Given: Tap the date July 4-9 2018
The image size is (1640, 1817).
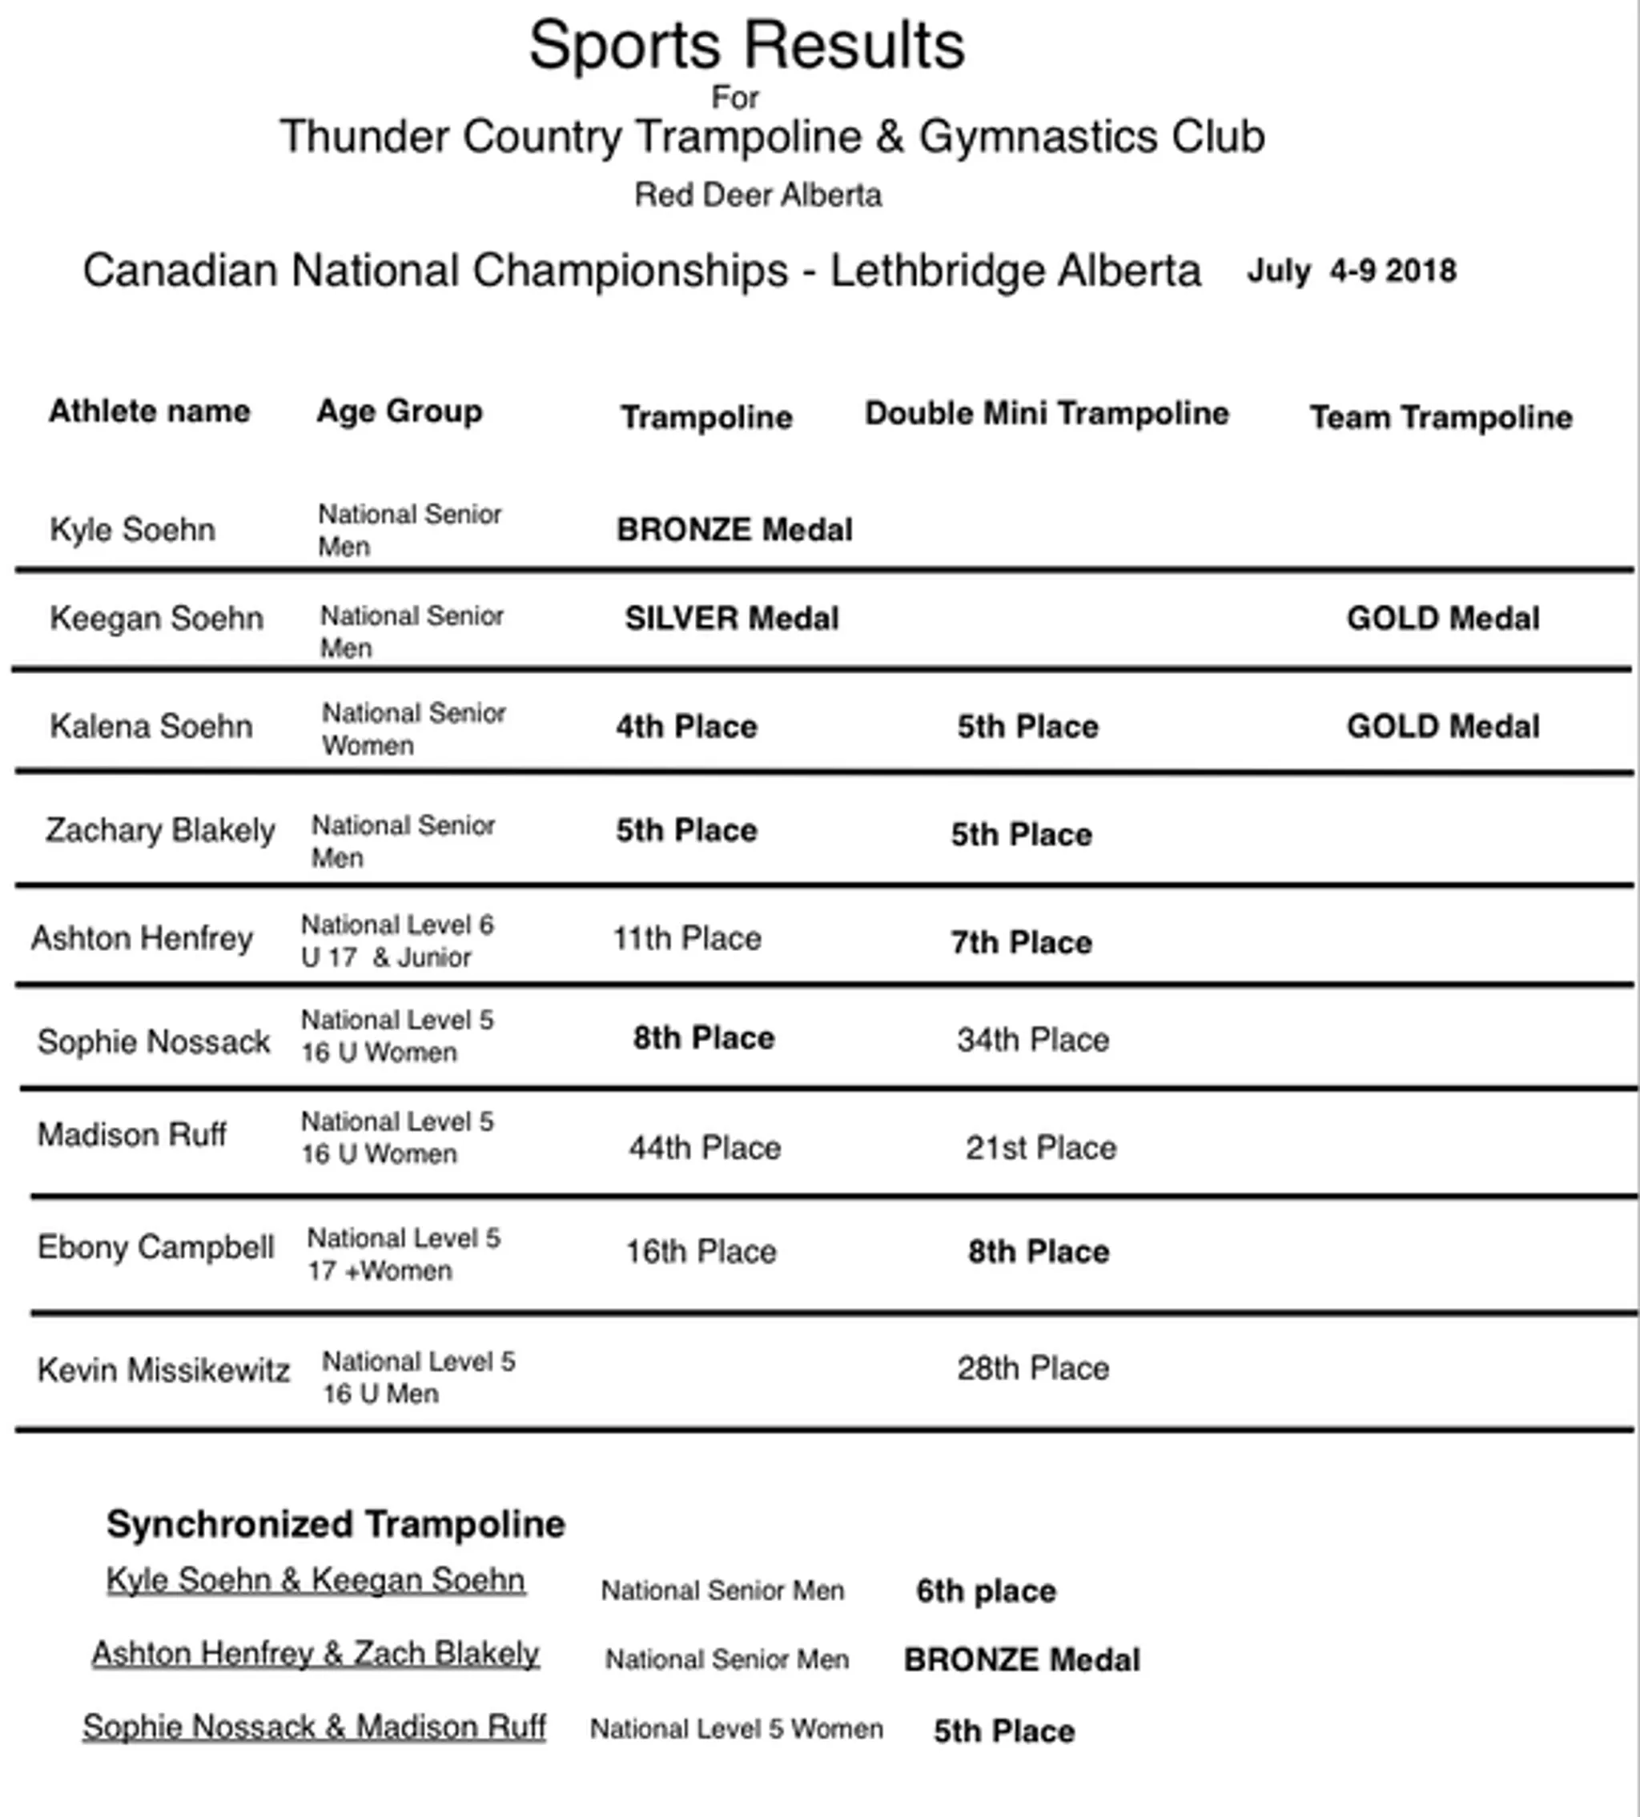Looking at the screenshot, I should coord(1351,271).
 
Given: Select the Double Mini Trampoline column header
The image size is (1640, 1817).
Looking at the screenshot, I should coord(1046,414).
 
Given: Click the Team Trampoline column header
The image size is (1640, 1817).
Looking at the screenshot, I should coord(1440,417).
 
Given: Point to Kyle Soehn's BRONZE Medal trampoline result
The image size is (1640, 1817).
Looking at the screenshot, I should coord(734,530).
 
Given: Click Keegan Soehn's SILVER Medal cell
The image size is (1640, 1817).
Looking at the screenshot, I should coord(731,619).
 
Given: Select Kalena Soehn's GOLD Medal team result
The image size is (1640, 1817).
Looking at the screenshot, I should coord(1443,726).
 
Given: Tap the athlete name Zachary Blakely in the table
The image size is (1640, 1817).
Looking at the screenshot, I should coord(159,830).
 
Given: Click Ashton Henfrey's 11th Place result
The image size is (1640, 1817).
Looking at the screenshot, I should coord(686,939).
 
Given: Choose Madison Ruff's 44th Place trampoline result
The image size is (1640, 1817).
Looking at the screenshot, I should coord(704,1148).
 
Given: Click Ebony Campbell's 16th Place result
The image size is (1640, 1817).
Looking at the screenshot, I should coord(700,1251).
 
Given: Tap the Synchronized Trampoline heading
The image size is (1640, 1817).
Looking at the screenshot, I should coord(336,1524).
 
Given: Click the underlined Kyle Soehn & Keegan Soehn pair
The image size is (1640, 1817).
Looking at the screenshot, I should coord(316,1580).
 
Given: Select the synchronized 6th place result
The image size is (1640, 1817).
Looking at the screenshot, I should coord(985,1591).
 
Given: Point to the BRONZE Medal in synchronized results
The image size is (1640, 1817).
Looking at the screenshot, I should coord(1021,1659).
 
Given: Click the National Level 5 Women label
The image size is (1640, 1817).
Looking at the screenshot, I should coord(736,1729).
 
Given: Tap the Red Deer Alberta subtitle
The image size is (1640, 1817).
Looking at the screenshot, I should coord(757,195).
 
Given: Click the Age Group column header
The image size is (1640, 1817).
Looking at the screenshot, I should coord(399,411).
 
